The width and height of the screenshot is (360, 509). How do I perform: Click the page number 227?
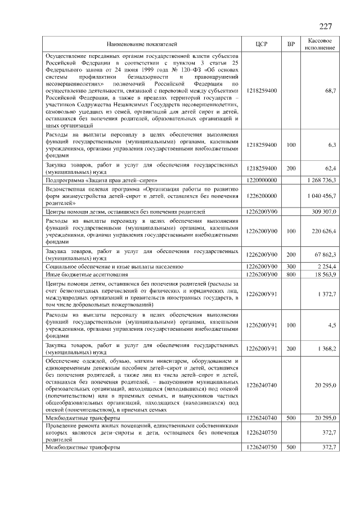(326, 26)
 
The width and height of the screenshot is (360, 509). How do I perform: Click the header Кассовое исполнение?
(320, 44)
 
